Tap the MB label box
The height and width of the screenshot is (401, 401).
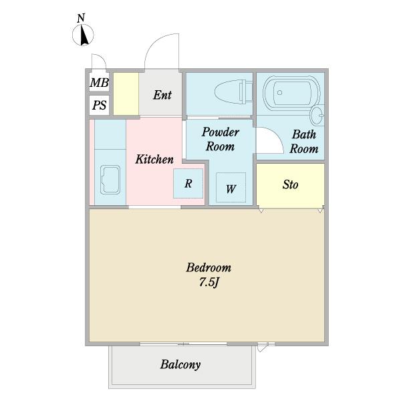99,83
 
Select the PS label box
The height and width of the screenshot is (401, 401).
99,105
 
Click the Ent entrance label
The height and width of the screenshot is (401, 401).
162,95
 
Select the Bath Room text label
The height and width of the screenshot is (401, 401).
303,142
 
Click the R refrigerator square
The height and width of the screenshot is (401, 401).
188,183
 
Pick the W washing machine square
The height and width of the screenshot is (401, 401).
231,188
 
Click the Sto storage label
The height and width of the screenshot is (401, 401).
290,184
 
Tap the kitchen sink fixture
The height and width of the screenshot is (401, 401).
110,178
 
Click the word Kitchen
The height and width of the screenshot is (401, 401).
154,160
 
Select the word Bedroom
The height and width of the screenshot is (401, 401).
209,268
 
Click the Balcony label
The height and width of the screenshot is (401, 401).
180,365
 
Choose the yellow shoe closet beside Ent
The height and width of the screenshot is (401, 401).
125,94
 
